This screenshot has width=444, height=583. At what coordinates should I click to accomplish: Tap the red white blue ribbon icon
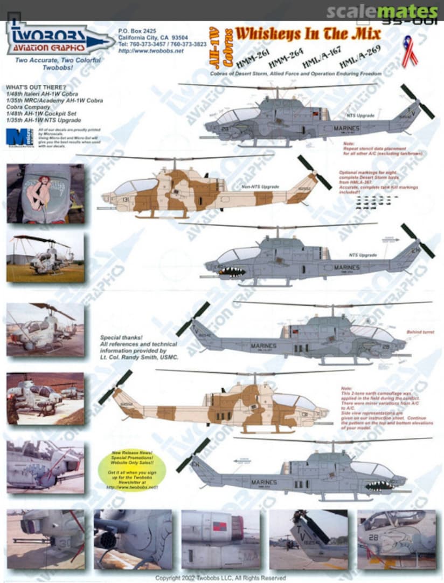[x=410, y=51]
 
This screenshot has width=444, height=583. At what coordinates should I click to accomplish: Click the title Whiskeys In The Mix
[x=308, y=34]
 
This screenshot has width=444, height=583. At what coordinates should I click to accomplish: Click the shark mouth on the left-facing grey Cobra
[x=232, y=272]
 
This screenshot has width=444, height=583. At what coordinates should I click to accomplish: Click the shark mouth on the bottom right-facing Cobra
[x=379, y=485]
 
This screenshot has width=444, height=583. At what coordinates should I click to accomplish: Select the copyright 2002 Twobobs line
[x=220, y=578]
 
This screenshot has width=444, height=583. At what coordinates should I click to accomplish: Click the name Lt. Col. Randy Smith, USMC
[x=140, y=357]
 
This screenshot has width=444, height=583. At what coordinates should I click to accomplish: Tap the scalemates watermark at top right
[x=382, y=11]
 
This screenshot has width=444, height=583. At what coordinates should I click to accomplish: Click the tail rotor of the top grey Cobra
[x=418, y=101]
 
